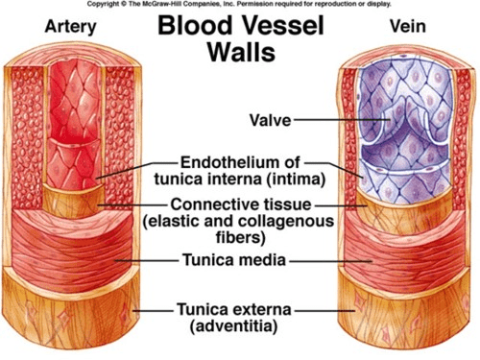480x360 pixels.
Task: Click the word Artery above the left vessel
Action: pos(70,27)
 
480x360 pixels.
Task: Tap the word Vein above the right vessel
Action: pos(408,26)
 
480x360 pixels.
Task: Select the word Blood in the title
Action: pos(195,26)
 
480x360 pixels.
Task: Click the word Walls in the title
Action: pos(242,52)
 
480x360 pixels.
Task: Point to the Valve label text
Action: pos(271,121)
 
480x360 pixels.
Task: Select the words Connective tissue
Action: pos(241,204)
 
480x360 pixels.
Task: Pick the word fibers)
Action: pos(241,237)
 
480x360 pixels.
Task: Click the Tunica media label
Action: pos(234,259)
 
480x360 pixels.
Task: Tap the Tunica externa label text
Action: pos(234,309)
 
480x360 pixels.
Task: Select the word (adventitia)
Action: pos(233,326)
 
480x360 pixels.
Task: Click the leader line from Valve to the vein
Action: pos(341,120)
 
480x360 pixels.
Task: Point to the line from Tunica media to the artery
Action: pos(147,260)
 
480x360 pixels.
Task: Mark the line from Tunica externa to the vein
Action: pos(324,310)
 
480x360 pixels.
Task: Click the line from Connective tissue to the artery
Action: pos(132,204)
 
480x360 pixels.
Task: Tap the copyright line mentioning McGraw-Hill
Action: pos(239,4)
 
